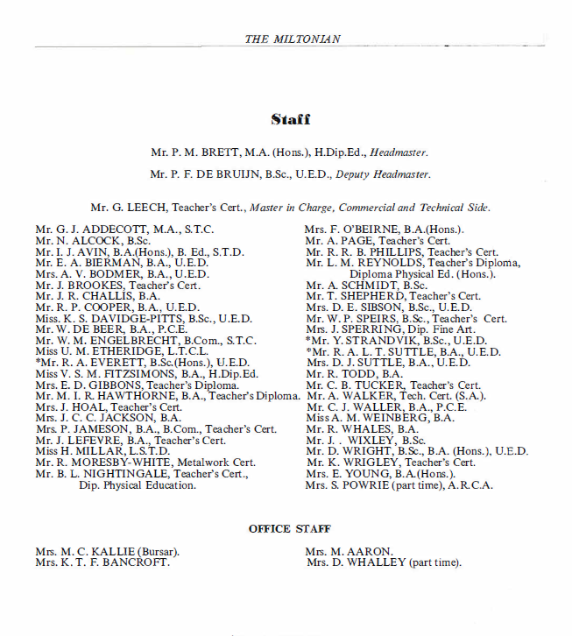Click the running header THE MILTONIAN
pyautogui.click(x=293, y=39)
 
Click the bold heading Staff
pyautogui.click(x=290, y=120)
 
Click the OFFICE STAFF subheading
pyautogui.click(x=290, y=529)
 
